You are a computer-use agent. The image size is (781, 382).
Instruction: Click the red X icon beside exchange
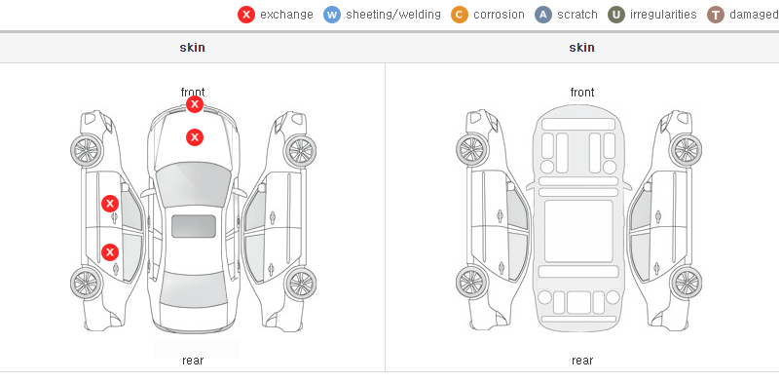pyautogui.click(x=246, y=15)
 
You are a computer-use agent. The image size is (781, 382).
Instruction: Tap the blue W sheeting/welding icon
pyautogui.click(x=332, y=15)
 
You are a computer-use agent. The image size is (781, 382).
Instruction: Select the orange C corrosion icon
pyautogui.click(x=460, y=15)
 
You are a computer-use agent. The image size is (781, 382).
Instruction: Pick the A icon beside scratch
pyautogui.click(x=543, y=15)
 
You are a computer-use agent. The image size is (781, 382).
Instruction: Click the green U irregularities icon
pyautogui.click(x=616, y=15)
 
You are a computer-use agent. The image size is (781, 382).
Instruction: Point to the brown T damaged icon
pyautogui.click(x=715, y=15)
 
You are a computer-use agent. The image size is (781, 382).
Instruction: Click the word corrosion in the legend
pyautogui.click(x=499, y=15)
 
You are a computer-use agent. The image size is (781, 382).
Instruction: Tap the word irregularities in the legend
pyautogui.click(x=663, y=15)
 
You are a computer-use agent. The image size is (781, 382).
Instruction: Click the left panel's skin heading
pyautogui.click(x=192, y=48)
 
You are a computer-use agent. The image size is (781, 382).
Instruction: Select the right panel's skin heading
pyautogui.click(x=581, y=48)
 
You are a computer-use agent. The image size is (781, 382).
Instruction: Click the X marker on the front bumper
pyautogui.click(x=195, y=104)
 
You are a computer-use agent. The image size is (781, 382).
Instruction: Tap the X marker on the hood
pyautogui.click(x=195, y=137)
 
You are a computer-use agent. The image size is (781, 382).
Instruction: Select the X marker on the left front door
pyautogui.click(x=110, y=204)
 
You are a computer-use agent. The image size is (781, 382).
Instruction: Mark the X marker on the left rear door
pyautogui.click(x=110, y=251)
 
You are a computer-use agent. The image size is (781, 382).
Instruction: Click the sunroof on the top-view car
pyautogui.click(x=194, y=226)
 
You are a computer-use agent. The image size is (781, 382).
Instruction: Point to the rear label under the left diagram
pyautogui.click(x=193, y=361)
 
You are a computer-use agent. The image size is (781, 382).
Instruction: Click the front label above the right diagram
pyautogui.click(x=582, y=93)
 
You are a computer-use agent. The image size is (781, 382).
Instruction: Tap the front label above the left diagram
pyautogui.click(x=193, y=92)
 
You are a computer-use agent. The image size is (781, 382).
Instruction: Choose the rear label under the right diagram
pyautogui.click(x=582, y=361)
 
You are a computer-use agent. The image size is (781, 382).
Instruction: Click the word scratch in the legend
pyautogui.click(x=577, y=15)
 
